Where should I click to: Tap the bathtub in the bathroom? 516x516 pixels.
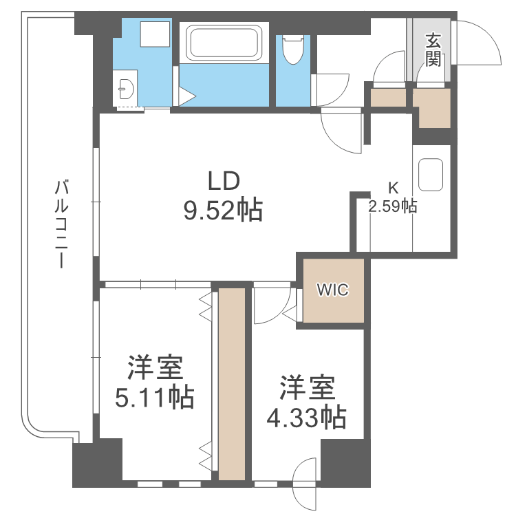(x=224, y=42)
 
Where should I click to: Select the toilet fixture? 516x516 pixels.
(x=294, y=50)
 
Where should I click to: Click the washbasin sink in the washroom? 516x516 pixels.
(x=126, y=88)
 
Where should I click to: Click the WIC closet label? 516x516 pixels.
(x=333, y=290)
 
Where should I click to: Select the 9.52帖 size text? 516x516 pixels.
(x=222, y=210)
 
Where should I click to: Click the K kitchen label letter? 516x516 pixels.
(x=393, y=187)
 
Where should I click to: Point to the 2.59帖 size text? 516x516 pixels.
(x=393, y=206)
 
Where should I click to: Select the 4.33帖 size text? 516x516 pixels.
(x=306, y=416)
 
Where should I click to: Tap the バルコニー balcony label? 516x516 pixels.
(x=63, y=223)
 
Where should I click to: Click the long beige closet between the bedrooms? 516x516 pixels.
(x=231, y=384)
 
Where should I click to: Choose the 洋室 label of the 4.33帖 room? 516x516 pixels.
(x=307, y=387)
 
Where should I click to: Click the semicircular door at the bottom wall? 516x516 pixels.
(x=305, y=475)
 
